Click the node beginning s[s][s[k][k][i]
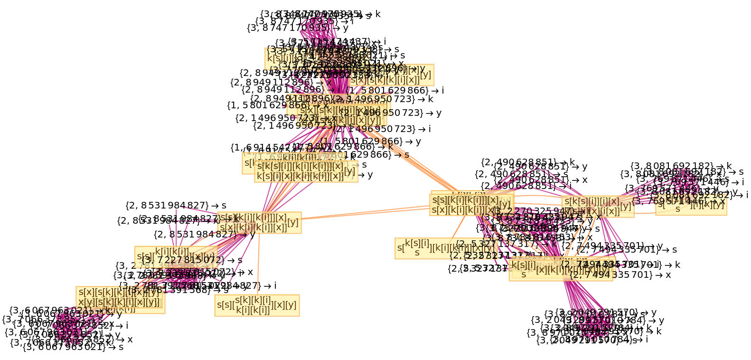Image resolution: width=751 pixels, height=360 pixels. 257,305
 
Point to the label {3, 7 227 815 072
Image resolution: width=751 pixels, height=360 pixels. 181,260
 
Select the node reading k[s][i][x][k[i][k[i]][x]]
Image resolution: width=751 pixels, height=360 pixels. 306,171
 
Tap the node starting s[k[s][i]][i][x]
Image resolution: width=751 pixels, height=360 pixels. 597,207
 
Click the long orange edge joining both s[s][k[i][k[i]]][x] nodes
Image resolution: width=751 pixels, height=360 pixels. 366,212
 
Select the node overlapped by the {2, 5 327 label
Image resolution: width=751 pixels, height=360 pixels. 445,248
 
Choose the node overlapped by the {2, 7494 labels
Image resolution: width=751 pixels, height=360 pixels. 561,269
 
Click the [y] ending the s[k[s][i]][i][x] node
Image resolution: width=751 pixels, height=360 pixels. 626,206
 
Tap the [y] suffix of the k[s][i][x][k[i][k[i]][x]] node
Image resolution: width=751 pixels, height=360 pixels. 349,171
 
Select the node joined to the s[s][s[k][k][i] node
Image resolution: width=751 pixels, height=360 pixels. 259,222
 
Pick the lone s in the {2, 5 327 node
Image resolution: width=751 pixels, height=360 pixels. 417,253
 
